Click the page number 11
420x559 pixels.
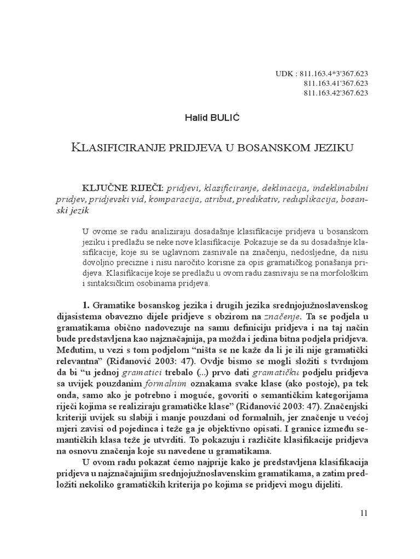click(365, 513)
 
